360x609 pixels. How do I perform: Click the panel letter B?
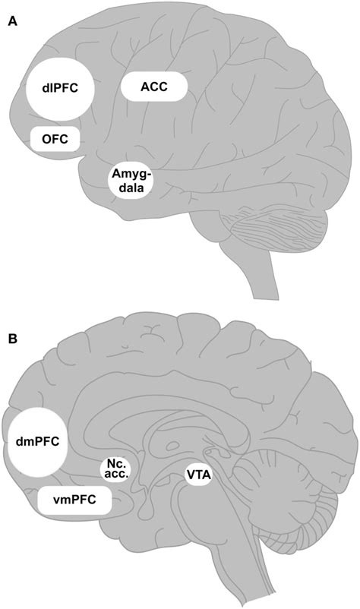[12, 339]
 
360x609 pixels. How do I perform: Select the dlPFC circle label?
[59, 89]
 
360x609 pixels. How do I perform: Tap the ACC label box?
[154, 87]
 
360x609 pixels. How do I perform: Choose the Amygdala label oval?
[131, 181]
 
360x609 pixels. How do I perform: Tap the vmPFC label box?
[73, 500]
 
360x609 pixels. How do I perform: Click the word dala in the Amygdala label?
[131, 188]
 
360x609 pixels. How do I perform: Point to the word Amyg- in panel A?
[131, 174]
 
